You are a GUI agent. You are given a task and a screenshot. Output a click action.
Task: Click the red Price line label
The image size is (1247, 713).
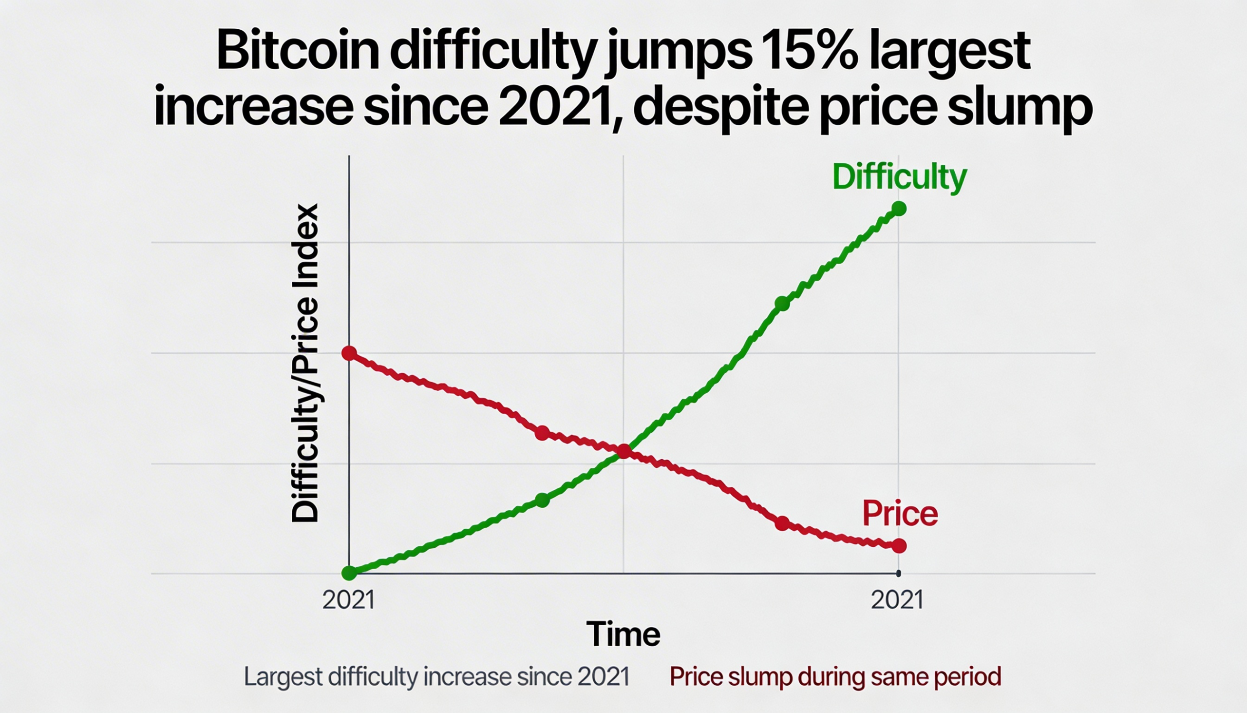[900, 514]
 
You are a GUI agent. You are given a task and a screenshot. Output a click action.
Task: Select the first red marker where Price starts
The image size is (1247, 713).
[349, 352]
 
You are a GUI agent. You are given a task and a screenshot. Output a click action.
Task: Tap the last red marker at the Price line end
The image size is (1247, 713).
[899, 545]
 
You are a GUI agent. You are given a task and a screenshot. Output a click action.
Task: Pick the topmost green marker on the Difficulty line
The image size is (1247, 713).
[899, 209]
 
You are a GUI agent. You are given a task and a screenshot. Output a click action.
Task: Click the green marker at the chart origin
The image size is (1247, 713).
[349, 573]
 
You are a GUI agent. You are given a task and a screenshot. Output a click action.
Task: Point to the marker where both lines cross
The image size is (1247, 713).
[623, 451]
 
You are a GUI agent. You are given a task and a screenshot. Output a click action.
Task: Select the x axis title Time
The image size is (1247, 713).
[623, 634]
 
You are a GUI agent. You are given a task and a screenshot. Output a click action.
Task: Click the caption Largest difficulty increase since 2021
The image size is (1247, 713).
[436, 677]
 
